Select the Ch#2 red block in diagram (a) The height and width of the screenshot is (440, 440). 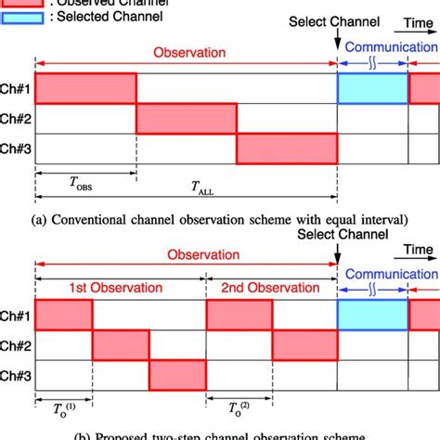point(187,118)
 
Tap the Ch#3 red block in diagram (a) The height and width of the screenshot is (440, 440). point(287,148)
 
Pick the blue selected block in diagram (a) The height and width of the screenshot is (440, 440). point(372,88)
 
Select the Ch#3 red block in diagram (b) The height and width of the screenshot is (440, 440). point(176,375)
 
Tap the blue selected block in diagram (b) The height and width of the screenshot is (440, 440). point(372,314)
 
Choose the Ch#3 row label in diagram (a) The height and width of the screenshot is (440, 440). point(17,148)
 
